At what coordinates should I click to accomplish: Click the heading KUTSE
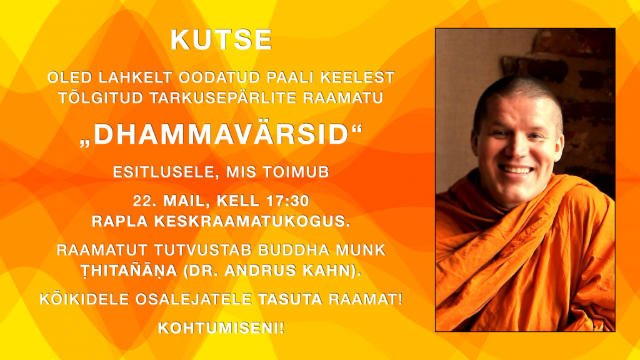click(x=221, y=39)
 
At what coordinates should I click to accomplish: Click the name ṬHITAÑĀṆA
click(x=129, y=271)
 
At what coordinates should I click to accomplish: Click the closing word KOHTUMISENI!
click(x=221, y=327)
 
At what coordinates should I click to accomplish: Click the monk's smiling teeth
click(x=515, y=169)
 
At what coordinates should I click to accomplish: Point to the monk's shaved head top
click(x=517, y=84)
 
